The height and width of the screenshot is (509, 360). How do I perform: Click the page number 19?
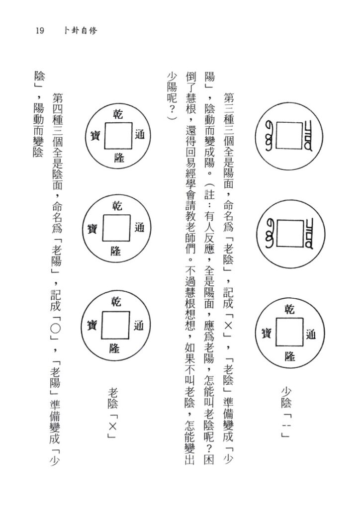click(40, 31)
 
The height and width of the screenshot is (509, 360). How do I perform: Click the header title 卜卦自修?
click(80, 31)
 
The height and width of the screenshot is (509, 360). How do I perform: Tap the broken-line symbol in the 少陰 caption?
click(286, 426)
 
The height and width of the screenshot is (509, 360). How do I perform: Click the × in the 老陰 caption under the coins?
click(112, 426)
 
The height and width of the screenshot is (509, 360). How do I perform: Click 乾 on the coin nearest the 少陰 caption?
click(289, 310)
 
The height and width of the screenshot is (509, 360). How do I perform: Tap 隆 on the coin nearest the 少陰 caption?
click(289, 356)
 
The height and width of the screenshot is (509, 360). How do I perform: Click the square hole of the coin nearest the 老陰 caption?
click(115, 325)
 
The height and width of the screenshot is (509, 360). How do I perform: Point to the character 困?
click(210, 459)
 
